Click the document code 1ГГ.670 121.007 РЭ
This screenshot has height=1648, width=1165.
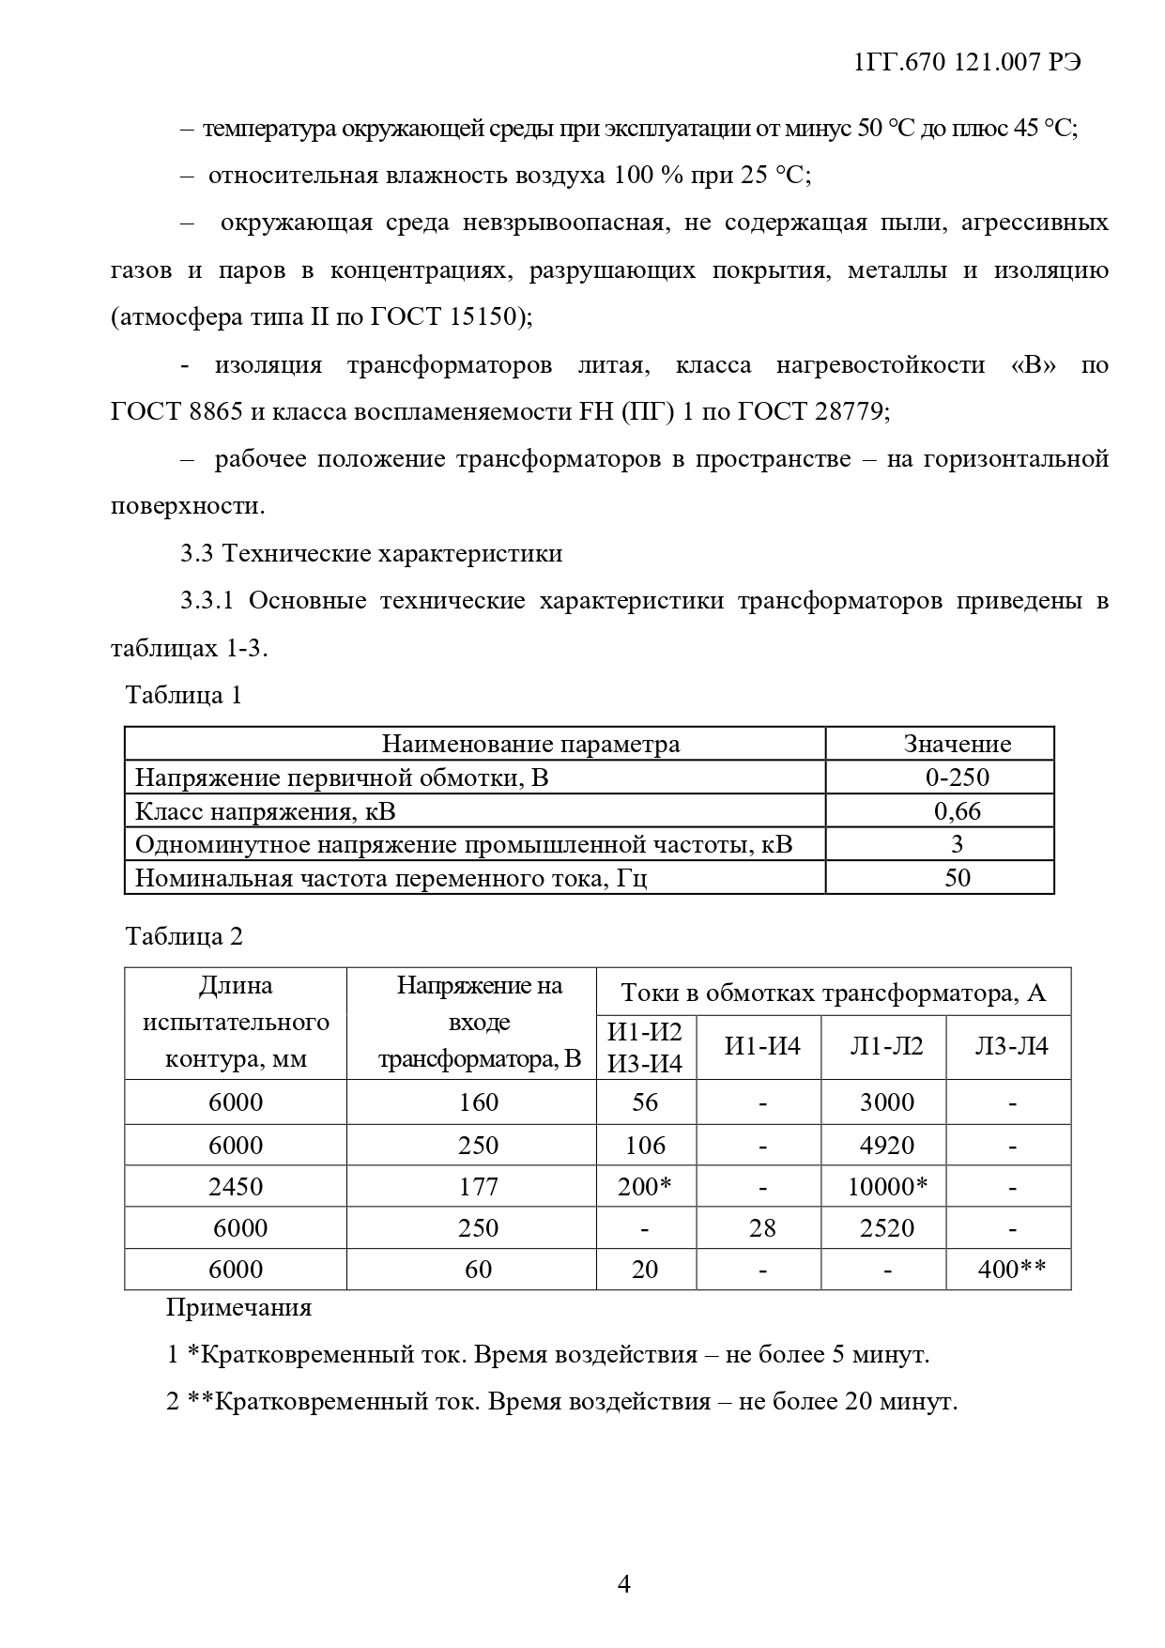pyautogui.click(x=967, y=63)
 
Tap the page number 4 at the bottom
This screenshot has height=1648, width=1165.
pyautogui.click(x=623, y=1584)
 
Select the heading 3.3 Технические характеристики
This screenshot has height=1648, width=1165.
pyautogui.click(x=372, y=553)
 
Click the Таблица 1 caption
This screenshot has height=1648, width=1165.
pyautogui.click(x=184, y=695)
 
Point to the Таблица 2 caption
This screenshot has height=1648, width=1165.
pyautogui.click(x=184, y=936)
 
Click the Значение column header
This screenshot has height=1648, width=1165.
pyautogui.click(x=957, y=744)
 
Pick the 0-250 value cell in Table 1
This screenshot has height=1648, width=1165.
pyautogui.click(x=957, y=778)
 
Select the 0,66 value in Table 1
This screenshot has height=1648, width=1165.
pyautogui.click(x=957, y=810)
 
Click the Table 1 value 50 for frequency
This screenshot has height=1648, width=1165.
pyautogui.click(x=957, y=878)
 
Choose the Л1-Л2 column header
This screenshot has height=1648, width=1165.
pyautogui.click(x=886, y=1046)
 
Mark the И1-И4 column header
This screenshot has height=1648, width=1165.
pyautogui.click(x=762, y=1046)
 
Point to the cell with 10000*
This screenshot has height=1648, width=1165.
pyautogui.click(x=887, y=1187)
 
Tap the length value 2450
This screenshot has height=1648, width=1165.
pyautogui.click(x=236, y=1187)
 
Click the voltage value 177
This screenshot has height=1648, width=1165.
pyautogui.click(x=478, y=1187)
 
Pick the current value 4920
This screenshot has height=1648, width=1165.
pyautogui.click(x=887, y=1146)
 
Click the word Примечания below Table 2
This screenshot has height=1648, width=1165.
pyautogui.click(x=238, y=1307)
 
